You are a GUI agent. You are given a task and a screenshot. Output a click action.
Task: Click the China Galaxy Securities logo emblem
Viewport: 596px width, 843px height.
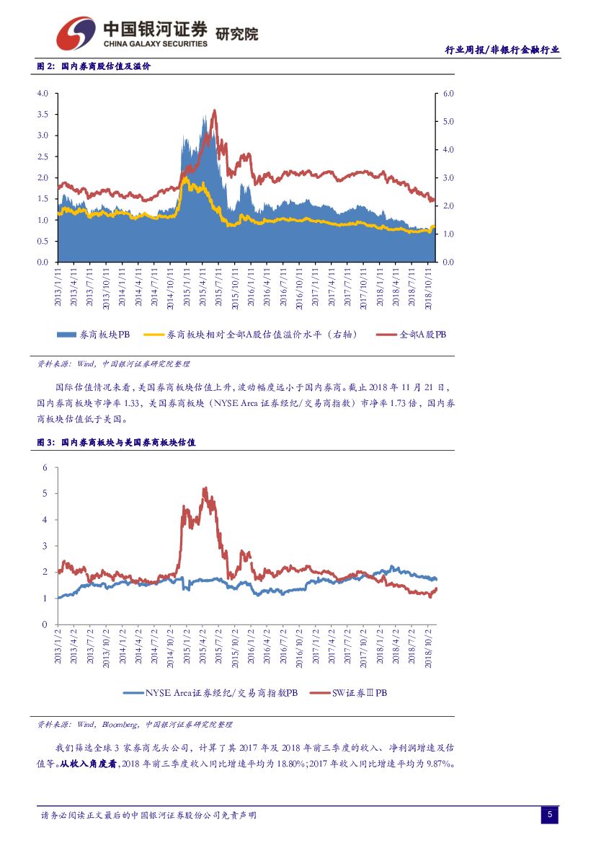coord(76,32)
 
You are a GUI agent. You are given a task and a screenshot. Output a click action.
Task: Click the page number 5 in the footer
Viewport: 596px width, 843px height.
coord(549,815)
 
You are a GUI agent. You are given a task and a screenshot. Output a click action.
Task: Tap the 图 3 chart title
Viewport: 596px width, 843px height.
coord(116,443)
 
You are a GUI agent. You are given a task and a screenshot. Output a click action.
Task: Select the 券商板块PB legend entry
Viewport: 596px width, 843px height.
coord(93,335)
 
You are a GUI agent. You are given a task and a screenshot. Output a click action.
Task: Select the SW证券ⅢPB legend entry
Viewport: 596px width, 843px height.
coord(349,692)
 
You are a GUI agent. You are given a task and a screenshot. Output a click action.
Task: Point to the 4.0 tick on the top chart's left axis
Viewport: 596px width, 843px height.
coord(42,94)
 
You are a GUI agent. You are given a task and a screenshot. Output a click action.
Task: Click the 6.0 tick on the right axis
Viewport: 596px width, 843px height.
coord(449,94)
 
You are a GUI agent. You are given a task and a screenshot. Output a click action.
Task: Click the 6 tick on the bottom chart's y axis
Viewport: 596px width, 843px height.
coord(45,467)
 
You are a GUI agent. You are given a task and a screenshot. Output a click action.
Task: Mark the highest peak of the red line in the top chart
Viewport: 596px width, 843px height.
coord(214,110)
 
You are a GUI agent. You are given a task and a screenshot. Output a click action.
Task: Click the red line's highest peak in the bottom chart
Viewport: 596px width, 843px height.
coord(205,488)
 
